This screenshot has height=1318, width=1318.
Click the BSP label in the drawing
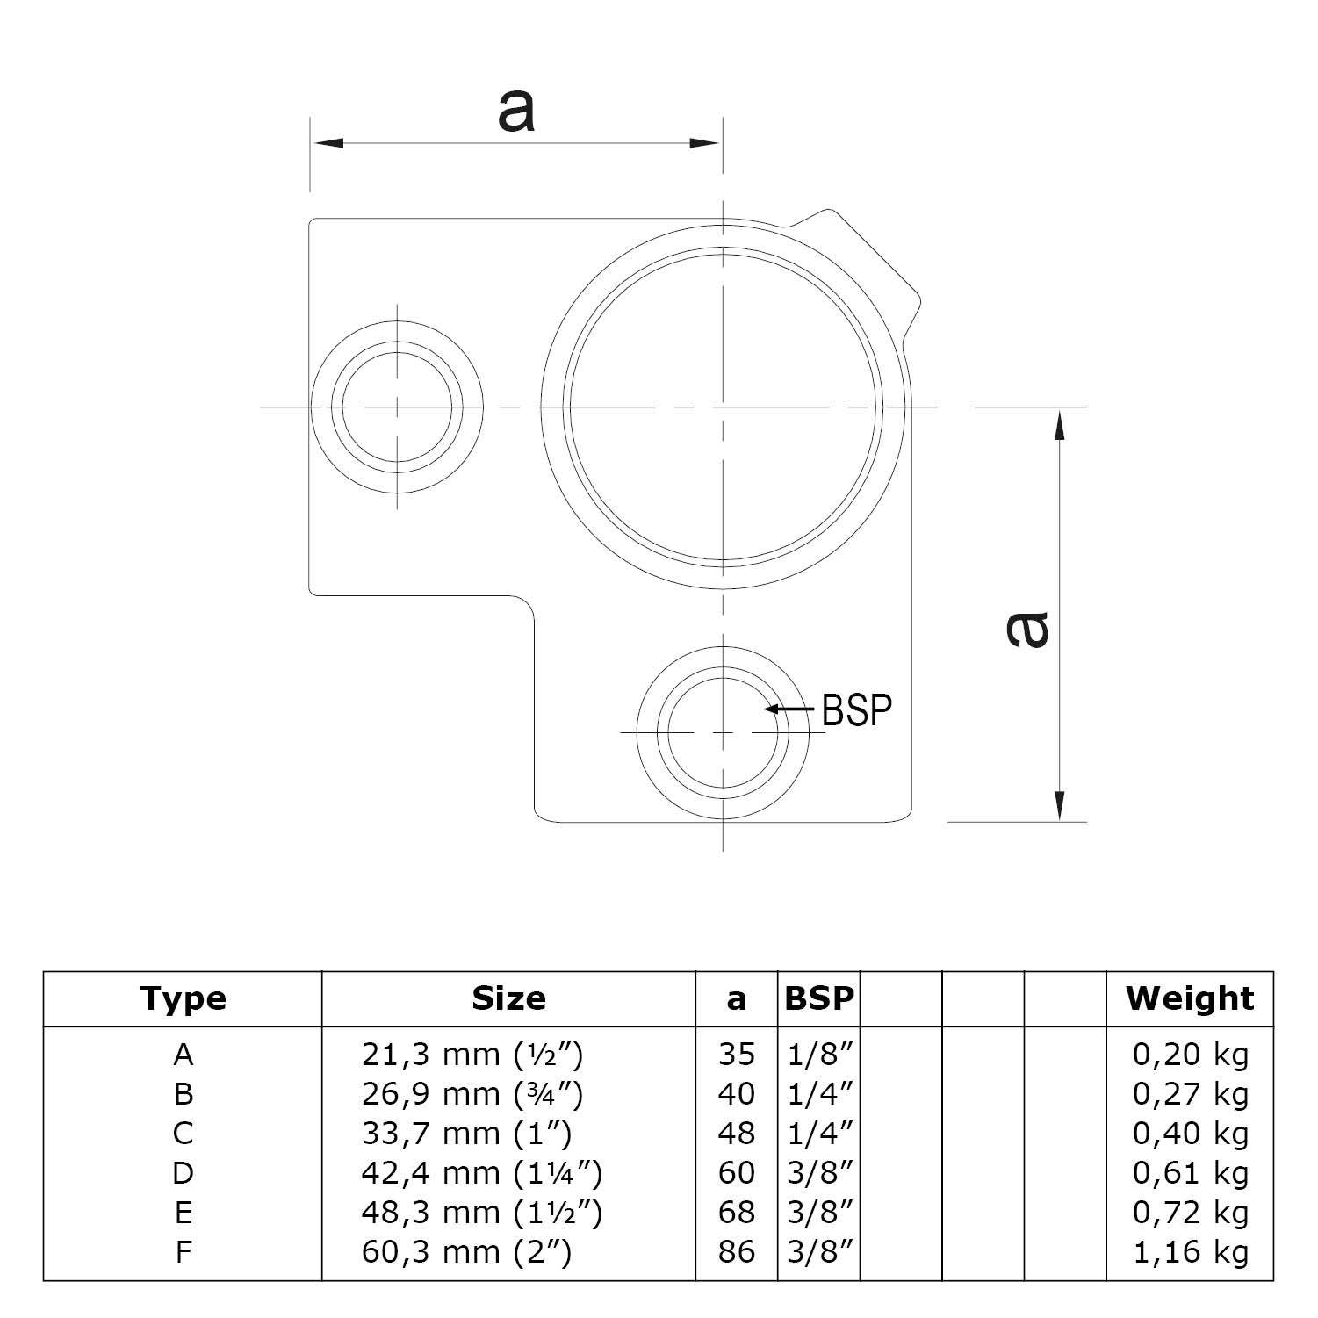click(856, 709)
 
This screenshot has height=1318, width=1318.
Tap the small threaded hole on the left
click(398, 408)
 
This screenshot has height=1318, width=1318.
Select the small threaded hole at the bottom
click(723, 732)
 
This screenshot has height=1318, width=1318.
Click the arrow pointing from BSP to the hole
click(788, 709)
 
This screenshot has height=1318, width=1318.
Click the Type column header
click(183, 998)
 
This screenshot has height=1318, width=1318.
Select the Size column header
click(508, 998)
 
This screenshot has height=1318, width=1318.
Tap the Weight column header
click(1190, 998)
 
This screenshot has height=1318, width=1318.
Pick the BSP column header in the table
click(818, 998)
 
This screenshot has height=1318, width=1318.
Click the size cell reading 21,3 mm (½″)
click(472, 1054)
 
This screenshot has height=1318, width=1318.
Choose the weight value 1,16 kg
click(1190, 1252)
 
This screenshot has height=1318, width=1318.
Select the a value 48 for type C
click(736, 1134)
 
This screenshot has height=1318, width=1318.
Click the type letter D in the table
click(183, 1173)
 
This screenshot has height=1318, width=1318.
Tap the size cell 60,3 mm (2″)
click(466, 1252)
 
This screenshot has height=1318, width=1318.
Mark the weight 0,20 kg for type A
click(1190, 1054)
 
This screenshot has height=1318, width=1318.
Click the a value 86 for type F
click(736, 1252)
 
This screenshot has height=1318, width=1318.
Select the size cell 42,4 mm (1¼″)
click(482, 1173)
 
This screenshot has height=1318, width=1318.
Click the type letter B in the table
click(183, 1094)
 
